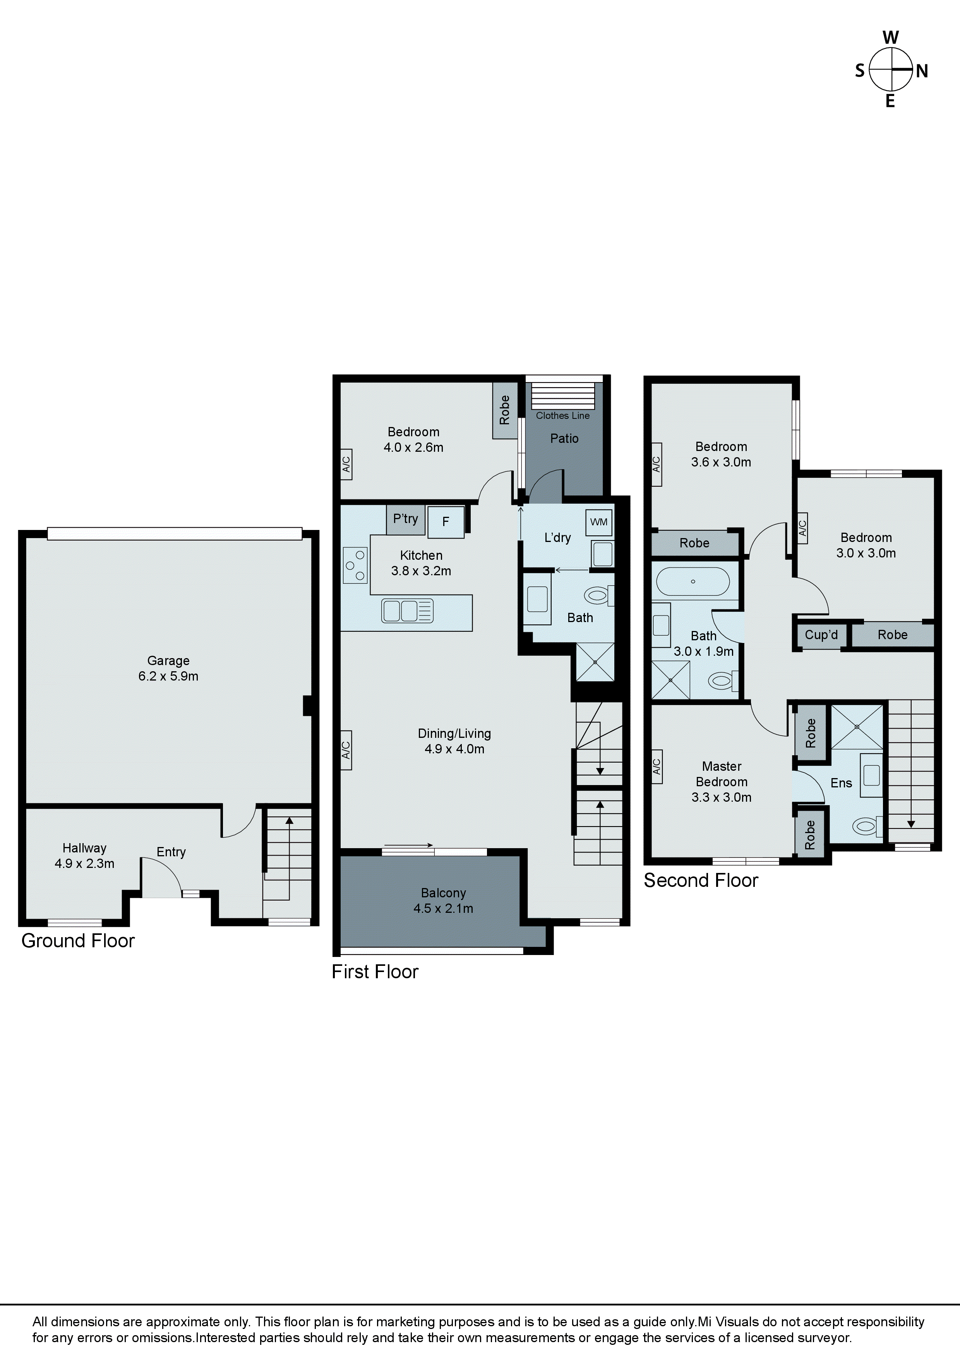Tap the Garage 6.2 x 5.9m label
tap(168, 668)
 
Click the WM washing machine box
tap(598, 522)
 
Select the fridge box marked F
tap(446, 522)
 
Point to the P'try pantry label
tap(405, 519)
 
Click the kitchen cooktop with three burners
tap(355, 565)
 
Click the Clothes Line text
tap(562, 416)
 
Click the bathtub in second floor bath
tap(693, 581)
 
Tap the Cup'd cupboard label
tap(821, 634)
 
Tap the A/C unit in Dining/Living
tap(346, 750)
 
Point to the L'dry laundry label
tap(557, 538)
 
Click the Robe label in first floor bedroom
tap(504, 410)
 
